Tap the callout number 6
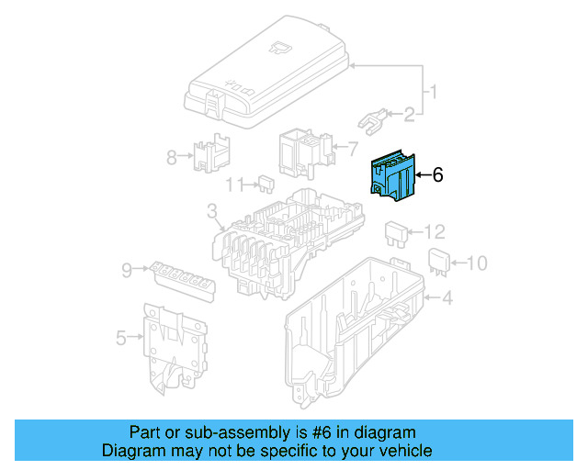click(437, 174)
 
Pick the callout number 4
click(447, 298)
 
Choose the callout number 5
click(121, 339)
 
